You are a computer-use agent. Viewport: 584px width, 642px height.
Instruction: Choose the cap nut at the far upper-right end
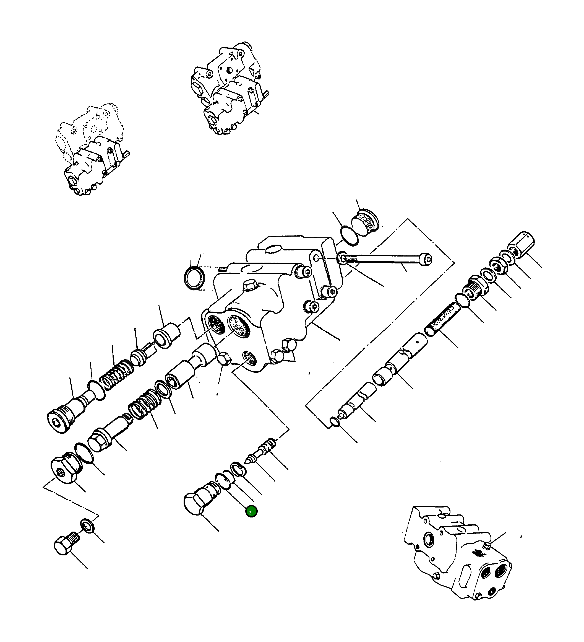[x=521, y=244]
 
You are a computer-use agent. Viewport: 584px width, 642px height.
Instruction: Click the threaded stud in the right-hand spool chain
[x=443, y=319]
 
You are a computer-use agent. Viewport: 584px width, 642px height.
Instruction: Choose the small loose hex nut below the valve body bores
[x=224, y=359]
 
